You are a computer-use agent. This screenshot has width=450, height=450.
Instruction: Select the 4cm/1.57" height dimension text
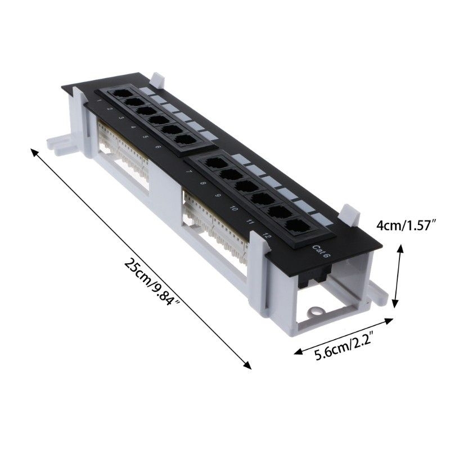point(407,226)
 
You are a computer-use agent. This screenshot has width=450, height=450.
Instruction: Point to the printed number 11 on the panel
point(249,222)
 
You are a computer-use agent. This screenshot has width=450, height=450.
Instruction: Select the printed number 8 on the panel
point(202,183)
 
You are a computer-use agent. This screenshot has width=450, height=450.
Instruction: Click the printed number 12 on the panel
point(266,236)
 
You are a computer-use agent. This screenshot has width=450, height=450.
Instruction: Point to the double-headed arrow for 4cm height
point(399,276)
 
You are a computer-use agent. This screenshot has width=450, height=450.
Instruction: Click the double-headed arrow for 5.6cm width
point(343,336)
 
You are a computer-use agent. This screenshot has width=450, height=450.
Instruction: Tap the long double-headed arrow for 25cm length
point(141,259)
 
